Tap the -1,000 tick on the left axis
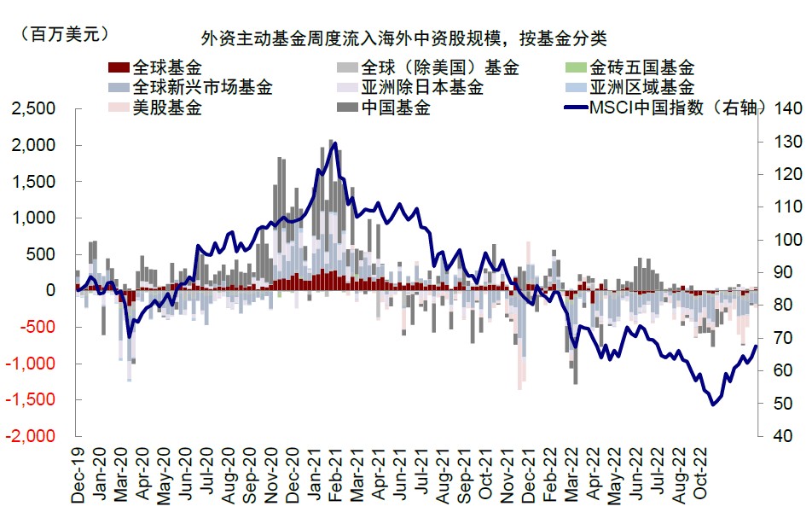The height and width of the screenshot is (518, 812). click(x=35, y=363)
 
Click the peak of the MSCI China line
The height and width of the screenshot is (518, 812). click(x=334, y=143)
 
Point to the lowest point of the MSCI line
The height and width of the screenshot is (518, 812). click(x=713, y=405)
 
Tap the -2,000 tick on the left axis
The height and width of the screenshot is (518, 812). click(x=35, y=435)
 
